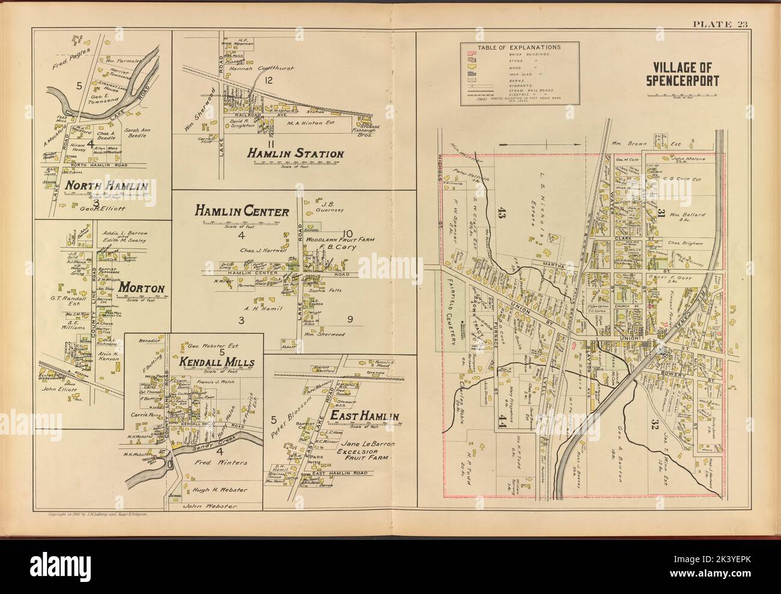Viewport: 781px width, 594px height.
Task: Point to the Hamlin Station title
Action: point(295,155)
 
